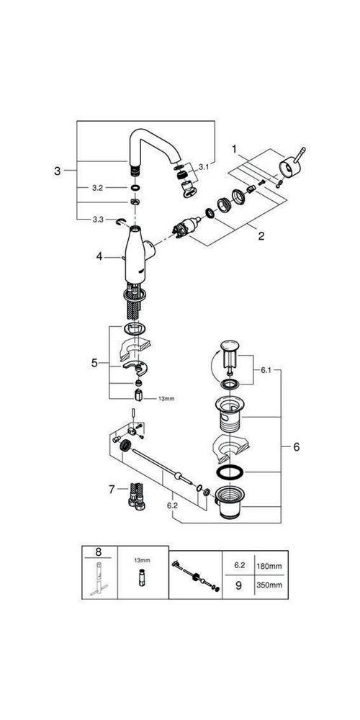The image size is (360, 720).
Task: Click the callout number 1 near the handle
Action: pyautogui.click(x=234, y=148)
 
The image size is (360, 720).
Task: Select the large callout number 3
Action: pyautogui.click(x=57, y=171)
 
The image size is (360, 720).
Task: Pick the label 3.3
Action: pyautogui.click(x=98, y=218)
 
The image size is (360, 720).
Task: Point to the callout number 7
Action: pyautogui.click(x=112, y=489)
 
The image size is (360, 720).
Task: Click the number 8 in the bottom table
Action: pyautogui.click(x=98, y=554)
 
